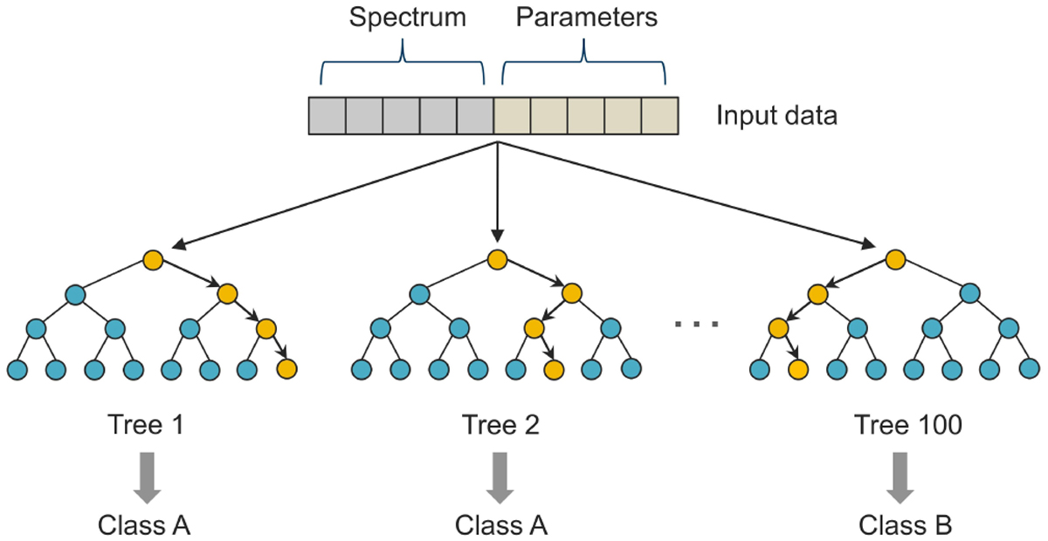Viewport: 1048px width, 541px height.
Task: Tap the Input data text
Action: tap(777, 116)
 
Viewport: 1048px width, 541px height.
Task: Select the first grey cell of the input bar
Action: tap(327, 116)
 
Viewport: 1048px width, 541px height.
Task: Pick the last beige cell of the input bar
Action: tap(659, 116)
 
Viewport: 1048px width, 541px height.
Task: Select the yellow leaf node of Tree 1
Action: tap(286, 369)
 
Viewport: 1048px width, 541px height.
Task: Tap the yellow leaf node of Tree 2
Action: tap(552, 369)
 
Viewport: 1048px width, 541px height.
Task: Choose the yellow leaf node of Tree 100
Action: tap(796, 369)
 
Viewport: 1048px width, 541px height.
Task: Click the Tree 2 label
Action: tap(500, 426)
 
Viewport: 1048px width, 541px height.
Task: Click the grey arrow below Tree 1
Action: tap(147, 476)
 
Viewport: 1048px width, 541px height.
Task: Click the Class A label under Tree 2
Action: tap(500, 525)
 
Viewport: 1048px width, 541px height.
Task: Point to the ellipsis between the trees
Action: tap(697, 325)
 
